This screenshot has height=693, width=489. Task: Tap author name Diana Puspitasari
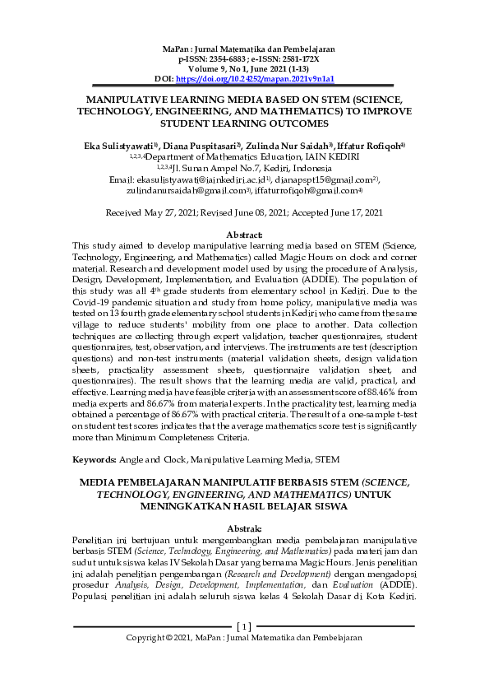(203, 145)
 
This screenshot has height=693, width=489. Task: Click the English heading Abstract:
(244, 235)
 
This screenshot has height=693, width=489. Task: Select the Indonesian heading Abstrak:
(244, 528)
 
